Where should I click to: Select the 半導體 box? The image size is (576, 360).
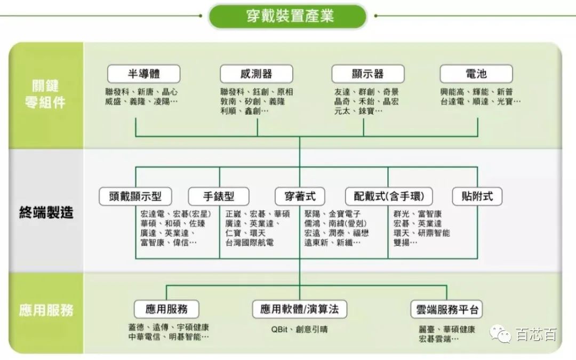pos(143,74)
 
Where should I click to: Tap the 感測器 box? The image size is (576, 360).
pos(257,74)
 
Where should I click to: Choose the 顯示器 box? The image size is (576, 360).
pos(367,74)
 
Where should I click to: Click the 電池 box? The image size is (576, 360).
pos(476,74)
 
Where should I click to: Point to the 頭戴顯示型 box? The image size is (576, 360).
pos(135,196)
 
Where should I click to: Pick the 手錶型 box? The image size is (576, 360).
pos(219,196)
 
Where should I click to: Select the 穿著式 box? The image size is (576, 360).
pos(300,196)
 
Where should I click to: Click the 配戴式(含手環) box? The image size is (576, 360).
pos(389,196)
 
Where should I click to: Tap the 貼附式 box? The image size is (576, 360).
pos(477,196)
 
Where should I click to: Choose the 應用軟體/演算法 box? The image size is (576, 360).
pos(299,309)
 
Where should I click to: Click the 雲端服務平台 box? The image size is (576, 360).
pos(446,309)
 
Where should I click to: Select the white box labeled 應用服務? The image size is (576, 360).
pos(166,309)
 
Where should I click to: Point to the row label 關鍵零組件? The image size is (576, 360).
pos(45,94)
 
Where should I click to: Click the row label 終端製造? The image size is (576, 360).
pos(46,212)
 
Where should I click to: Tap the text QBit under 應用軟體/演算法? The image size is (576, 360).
pos(279,330)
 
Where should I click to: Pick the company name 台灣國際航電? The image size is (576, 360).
pos(250,243)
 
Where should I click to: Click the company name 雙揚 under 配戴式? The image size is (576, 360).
pos(401,243)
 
